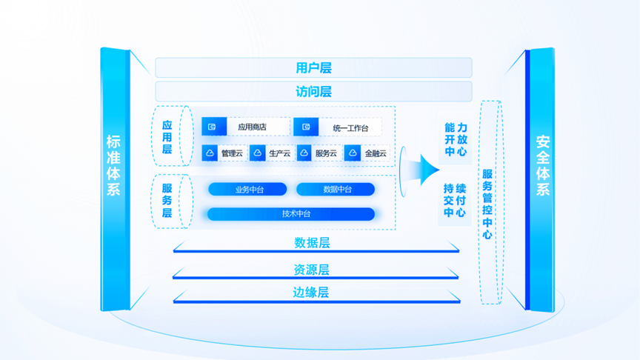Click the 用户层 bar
[x=313, y=68]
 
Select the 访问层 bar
[x=313, y=92]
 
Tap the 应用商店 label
[x=252, y=127]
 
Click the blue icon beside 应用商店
[x=214, y=127]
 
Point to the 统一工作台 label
[x=350, y=128]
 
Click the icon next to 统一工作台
[x=305, y=127]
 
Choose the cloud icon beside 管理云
[x=210, y=153]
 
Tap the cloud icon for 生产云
[x=258, y=153]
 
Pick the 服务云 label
[x=326, y=154]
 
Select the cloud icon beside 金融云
[x=353, y=153]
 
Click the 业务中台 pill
[x=247, y=190]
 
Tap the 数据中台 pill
[x=336, y=190]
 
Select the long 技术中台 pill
[x=291, y=214]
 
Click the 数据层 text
[x=312, y=243]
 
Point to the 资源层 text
[x=312, y=270]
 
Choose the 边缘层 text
[x=311, y=293]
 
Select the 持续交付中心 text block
[x=455, y=200]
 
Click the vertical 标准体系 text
[x=114, y=165]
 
